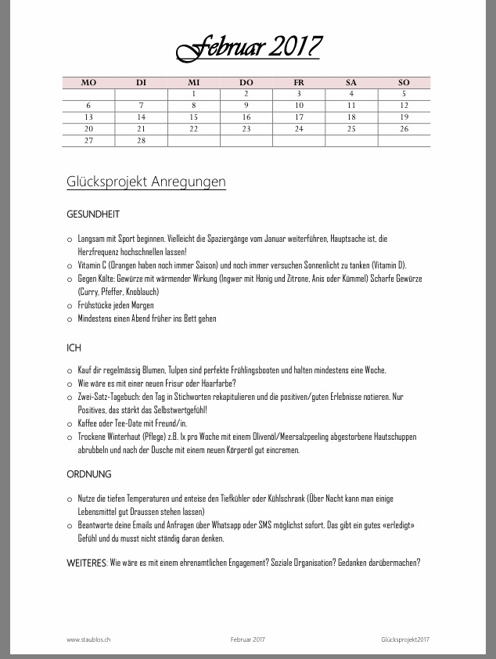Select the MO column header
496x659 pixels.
click(88, 82)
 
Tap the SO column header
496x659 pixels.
click(404, 82)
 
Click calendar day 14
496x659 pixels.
click(141, 117)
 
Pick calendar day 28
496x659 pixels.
click(141, 140)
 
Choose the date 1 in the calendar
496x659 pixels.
click(193, 94)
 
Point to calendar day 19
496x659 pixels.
click(404, 117)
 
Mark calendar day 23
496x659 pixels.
click(246, 128)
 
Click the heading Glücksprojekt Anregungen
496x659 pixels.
click(146, 182)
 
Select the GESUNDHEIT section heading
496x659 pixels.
click(93, 214)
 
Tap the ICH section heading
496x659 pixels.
click(74, 348)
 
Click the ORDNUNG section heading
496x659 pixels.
click(89, 474)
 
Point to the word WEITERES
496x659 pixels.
click(87, 562)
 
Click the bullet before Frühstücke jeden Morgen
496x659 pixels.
click(70, 306)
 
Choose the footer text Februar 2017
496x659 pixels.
click(248, 639)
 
